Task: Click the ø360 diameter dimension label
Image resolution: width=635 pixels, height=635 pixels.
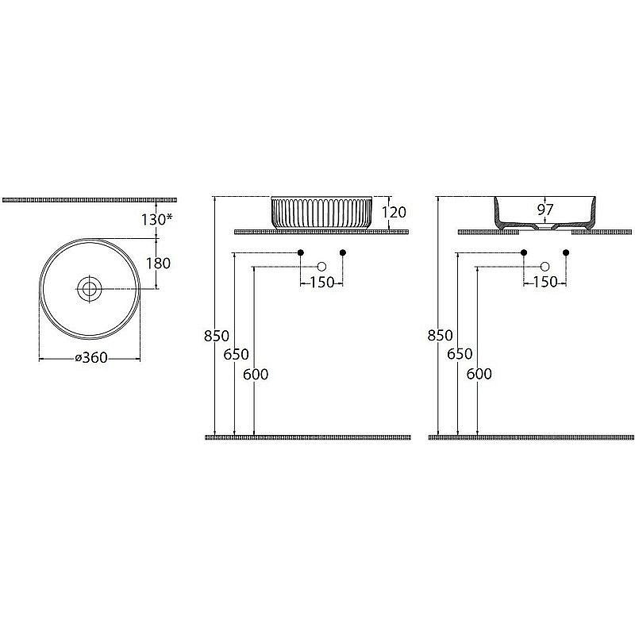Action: (x=91, y=358)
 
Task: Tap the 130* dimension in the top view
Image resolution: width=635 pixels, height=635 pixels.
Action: (x=156, y=220)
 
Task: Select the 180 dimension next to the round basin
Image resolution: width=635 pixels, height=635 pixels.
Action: (x=158, y=264)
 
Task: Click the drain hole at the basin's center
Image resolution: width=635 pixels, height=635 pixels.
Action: (x=90, y=289)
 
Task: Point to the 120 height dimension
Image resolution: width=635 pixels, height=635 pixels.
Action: (x=394, y=212)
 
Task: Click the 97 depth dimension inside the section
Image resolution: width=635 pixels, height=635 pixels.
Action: (x=545, y=210)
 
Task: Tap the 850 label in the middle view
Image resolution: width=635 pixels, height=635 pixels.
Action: (x=217, y=336)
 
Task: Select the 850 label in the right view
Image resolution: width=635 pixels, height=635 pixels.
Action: (x=441, y=335)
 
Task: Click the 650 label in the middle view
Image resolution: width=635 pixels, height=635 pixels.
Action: (x=236, y=355)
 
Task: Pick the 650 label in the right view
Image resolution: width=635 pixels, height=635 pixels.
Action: (x=460, y=354)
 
